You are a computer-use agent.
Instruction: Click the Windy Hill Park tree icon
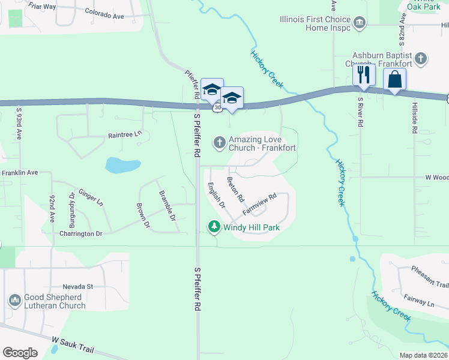click(214, 227)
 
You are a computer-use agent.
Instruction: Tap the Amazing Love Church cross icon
click(220, 142)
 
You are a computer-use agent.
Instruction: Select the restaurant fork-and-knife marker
click(364, 75)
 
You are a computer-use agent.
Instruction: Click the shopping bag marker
click(394, 79)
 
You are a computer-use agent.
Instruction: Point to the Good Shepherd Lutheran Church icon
click(15, 299)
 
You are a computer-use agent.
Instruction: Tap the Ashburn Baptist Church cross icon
click(421, 58)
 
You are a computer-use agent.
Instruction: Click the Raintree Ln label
click(125, 135)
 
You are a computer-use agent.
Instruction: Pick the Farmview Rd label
click(259, 205)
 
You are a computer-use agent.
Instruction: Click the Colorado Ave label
click(104, 11)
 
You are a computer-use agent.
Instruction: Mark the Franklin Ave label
click(19, 172)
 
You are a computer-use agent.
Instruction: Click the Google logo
click(20, 353)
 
